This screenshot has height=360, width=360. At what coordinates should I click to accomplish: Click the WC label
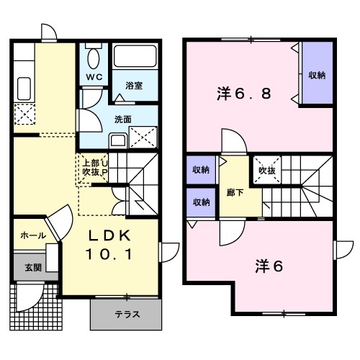click(94, 77)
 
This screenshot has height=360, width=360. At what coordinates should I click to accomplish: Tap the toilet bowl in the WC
click(94, 58)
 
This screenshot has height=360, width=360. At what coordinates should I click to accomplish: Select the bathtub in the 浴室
click(135, 56)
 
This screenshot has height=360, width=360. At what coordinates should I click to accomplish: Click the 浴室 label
click(134, 86)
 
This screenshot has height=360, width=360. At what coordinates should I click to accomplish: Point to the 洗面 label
click(123, 120)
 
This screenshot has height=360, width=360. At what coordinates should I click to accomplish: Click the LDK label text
click(109, 235)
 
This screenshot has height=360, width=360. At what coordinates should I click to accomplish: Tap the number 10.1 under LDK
click(109, 254)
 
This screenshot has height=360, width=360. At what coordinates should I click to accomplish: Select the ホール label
click(33, 235)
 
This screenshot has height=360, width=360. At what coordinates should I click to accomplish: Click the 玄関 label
click(33, 268)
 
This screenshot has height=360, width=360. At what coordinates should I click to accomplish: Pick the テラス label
click(127, 314)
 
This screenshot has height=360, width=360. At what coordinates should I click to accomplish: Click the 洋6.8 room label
click(244, 94)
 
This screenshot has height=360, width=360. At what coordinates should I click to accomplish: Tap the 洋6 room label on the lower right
click(269, 266)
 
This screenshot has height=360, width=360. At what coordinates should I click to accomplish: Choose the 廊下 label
click(235, 193)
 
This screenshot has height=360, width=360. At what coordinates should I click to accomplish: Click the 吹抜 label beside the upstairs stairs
click(267, 171)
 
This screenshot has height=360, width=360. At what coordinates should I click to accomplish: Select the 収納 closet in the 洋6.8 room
click(318, 73)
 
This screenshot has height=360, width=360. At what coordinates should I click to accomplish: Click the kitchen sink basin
click(24, 89)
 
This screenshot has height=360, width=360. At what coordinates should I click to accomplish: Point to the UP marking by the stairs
click(105, 168)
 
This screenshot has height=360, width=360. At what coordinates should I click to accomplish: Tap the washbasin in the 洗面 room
click(118, 140)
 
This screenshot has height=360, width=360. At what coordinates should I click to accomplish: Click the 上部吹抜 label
click(91, 168)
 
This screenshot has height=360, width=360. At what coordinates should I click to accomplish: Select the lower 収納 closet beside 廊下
click(201, 202)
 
